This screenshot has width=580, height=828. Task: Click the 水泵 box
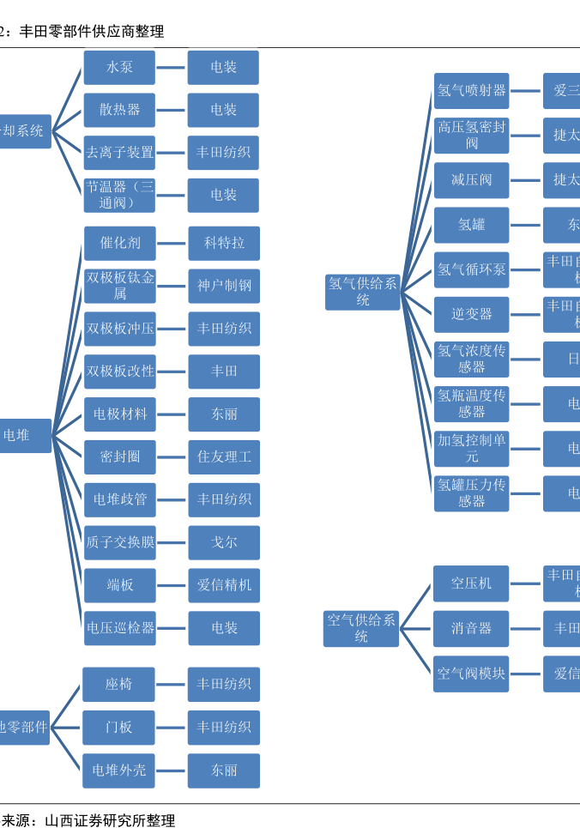tap(119, 67)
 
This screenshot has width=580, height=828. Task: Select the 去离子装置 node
tap(119, 153)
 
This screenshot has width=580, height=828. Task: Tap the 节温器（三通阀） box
tap(119, 195)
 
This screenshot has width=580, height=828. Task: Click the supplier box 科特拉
tap(223, 243)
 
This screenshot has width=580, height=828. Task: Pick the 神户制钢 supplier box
tap(223, 286)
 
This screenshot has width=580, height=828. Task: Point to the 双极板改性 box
tap(119, 372)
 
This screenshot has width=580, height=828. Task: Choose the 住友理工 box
tap(223, 456)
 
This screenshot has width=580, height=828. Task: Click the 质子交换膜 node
tap(119, 542)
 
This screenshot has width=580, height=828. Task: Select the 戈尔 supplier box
tap(223, 542)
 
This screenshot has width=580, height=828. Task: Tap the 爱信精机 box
tap(223, 585)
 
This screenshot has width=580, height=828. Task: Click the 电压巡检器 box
tap(119, 628)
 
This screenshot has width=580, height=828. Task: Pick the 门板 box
tap(118, 728)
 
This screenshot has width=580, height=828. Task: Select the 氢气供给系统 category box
tap(362, 292)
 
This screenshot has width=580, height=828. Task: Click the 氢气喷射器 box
tap(471, 90)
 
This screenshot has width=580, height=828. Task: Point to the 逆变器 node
tap(471, 314)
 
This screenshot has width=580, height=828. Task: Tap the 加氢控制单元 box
tap(471, 448)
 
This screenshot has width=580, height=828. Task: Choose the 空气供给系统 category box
tap(361, 628)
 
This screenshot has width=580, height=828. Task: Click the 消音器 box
tap(471, 629)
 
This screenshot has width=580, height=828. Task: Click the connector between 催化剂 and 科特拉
tap(172, 244)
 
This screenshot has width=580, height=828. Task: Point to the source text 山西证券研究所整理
tap(110, 820)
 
